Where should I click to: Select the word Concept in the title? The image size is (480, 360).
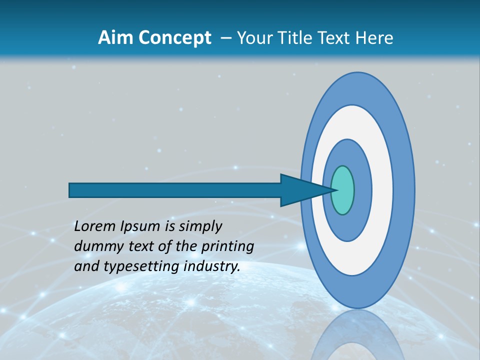[174, 38]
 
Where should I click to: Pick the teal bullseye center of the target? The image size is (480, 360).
[342, 190]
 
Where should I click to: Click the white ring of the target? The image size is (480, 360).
[382, 190]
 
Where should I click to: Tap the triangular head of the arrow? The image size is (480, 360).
[300, 190]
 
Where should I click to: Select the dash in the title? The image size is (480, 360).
[225, 38]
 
